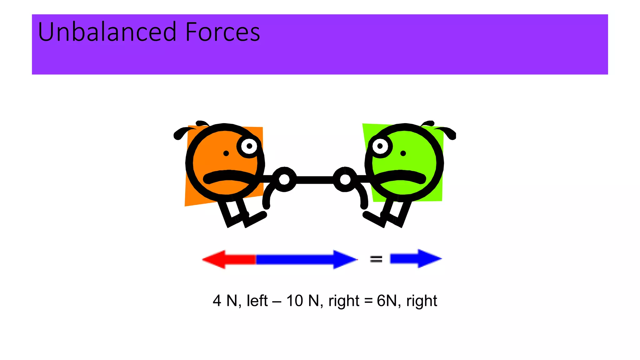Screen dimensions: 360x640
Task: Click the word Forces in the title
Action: (222, 32)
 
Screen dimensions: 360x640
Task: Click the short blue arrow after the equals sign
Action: (416, 259)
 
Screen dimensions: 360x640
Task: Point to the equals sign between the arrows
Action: (376, 259)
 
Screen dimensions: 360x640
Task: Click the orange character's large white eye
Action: (249, 146)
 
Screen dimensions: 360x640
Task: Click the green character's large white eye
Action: (380, 146)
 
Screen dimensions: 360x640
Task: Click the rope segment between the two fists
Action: (315, 180)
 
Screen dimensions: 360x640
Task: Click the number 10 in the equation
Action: (294, 301)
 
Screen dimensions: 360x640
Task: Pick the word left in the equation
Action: (257, 301)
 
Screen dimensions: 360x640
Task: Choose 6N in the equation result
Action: (387, 301)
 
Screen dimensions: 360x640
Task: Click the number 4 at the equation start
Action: (217, 301)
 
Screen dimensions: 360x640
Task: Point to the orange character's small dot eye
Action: (226, 153)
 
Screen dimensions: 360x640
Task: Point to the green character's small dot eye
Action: (403, 153)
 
